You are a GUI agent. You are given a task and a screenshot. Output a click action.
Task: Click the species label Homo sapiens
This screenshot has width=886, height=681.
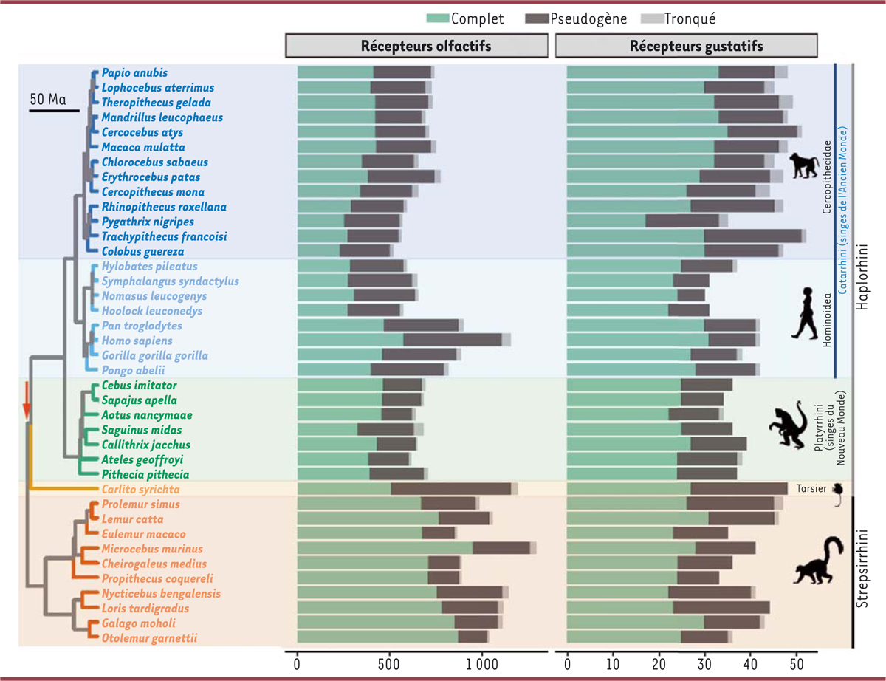tap(137, 340)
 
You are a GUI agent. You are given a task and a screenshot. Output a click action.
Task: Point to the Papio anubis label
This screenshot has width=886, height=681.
tap(135, 73)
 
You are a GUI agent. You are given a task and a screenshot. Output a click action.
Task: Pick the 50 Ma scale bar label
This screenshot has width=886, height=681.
tap(53, 98)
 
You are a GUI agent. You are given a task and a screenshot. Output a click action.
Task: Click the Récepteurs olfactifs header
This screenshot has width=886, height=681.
tap(416, 45)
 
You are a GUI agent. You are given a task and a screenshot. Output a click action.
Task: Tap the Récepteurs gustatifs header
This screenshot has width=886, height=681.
tap(686, 45)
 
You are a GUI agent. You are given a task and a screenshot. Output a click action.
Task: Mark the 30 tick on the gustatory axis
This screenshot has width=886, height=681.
tap(704, 664)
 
